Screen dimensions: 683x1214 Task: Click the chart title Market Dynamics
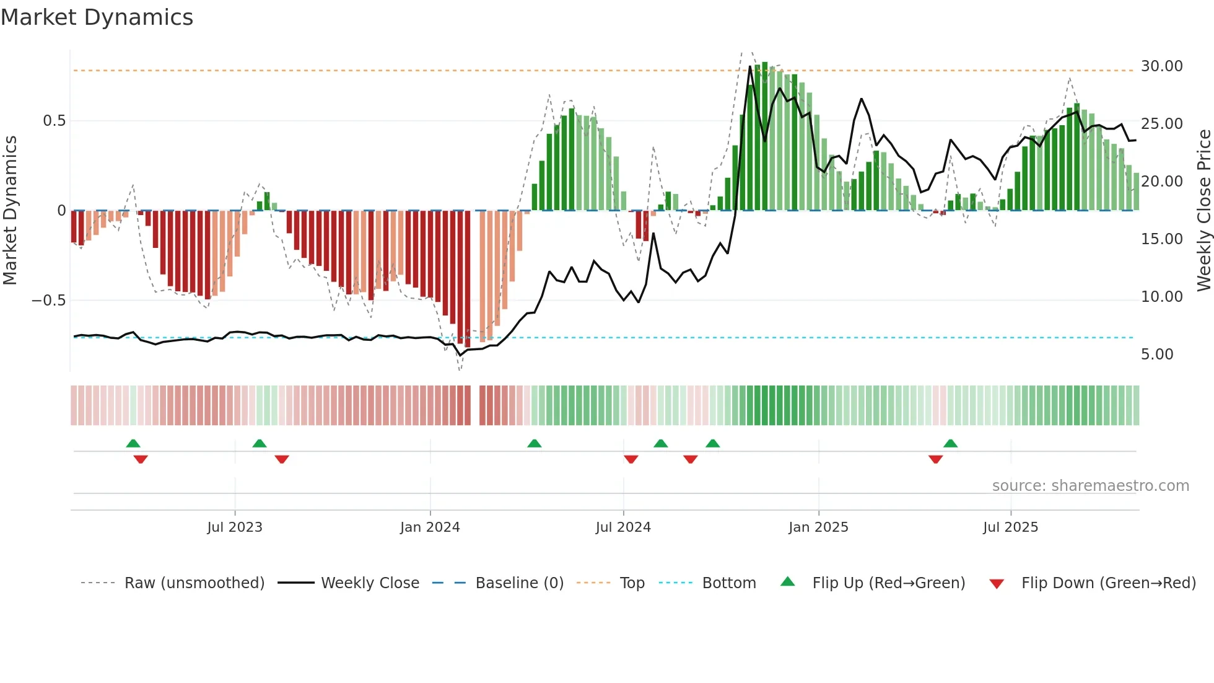point(97,17)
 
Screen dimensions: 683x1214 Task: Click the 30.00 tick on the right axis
point(1161,66)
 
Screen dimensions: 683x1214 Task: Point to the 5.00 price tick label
point(1156,355)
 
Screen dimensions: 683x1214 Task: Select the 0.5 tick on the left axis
point(54,121)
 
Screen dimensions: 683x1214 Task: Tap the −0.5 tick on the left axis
point(49,301)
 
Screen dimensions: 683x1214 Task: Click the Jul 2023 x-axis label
point(235,527)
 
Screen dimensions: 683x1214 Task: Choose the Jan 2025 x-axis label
point(818,527)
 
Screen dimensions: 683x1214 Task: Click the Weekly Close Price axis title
point(1203,211)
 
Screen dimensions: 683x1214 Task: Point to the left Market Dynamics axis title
point(10,211)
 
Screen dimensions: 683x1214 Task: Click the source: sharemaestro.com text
point(1090,486)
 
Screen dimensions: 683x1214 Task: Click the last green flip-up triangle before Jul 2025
point(950,443)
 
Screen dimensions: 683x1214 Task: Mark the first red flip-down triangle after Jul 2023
point(282,459)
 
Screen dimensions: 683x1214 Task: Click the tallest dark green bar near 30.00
point(765,136)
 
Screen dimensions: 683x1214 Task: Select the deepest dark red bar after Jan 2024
point(468,279)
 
